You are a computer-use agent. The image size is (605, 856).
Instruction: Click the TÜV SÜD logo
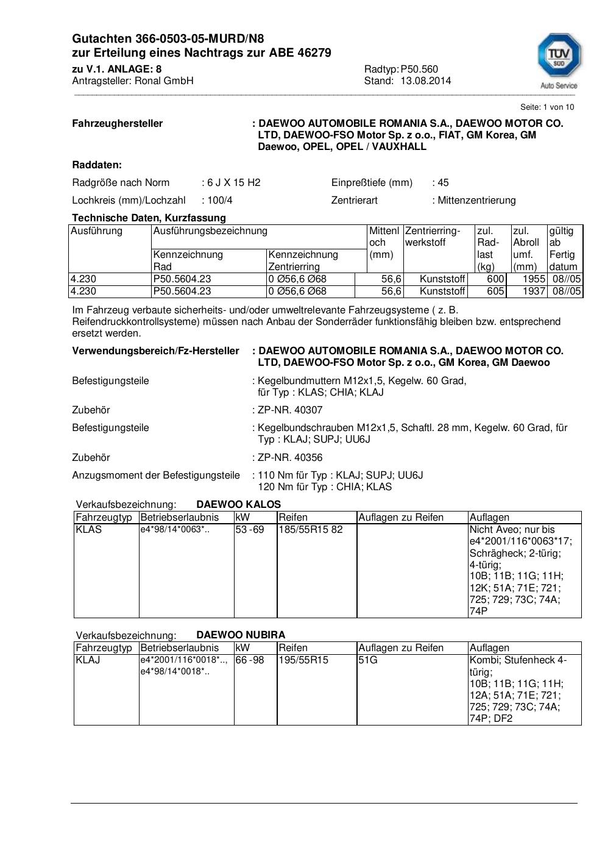click(x=558, y=60)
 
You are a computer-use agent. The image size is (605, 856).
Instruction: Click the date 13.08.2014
click(x=425, y=80)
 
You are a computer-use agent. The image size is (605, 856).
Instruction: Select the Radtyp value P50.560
click(x=419, y=69)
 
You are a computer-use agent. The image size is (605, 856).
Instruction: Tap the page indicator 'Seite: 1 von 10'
click(x=547, y=107)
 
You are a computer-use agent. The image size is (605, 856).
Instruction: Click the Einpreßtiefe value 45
click(x=443, y=182)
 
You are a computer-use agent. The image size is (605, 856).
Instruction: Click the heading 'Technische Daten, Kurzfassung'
click(x=149, y=218)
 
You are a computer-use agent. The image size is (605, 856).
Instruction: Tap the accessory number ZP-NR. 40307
click(x=290, y=410)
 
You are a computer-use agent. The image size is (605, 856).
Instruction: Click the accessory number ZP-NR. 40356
click(x=290, y=457)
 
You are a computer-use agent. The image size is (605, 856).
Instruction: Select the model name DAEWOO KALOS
click(x=239, y=504)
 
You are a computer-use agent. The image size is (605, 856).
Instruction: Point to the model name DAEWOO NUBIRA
click(x=241, y=635)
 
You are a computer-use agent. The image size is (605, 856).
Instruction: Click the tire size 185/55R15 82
click(x=311, y=529)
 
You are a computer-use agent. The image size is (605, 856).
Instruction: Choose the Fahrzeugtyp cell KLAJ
click(x=88, y=660)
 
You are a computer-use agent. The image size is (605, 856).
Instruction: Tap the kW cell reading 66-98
click(x=250, y=660)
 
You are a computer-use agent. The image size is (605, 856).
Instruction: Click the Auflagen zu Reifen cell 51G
click(x=368, y=660)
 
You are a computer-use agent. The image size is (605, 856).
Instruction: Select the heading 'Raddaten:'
click(x=97, y=165)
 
